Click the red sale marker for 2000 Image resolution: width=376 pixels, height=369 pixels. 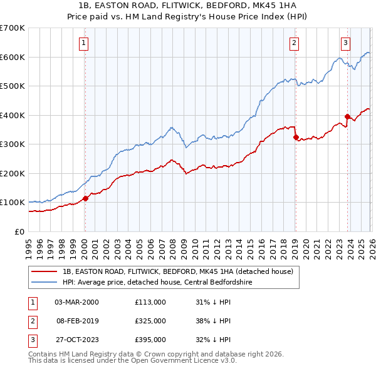click(x=85, y=199)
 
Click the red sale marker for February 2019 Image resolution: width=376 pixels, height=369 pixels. click(x=295, y=137)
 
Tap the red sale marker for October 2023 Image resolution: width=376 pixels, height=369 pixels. click(x=347, y=116)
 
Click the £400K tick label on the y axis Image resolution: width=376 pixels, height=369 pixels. click(x=12, y=115)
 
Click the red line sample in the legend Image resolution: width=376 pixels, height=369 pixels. click(x=45, y=272)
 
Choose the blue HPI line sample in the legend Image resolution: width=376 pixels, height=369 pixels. click(x=45, y=282)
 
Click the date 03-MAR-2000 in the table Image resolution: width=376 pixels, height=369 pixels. click(x=76, y=301)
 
